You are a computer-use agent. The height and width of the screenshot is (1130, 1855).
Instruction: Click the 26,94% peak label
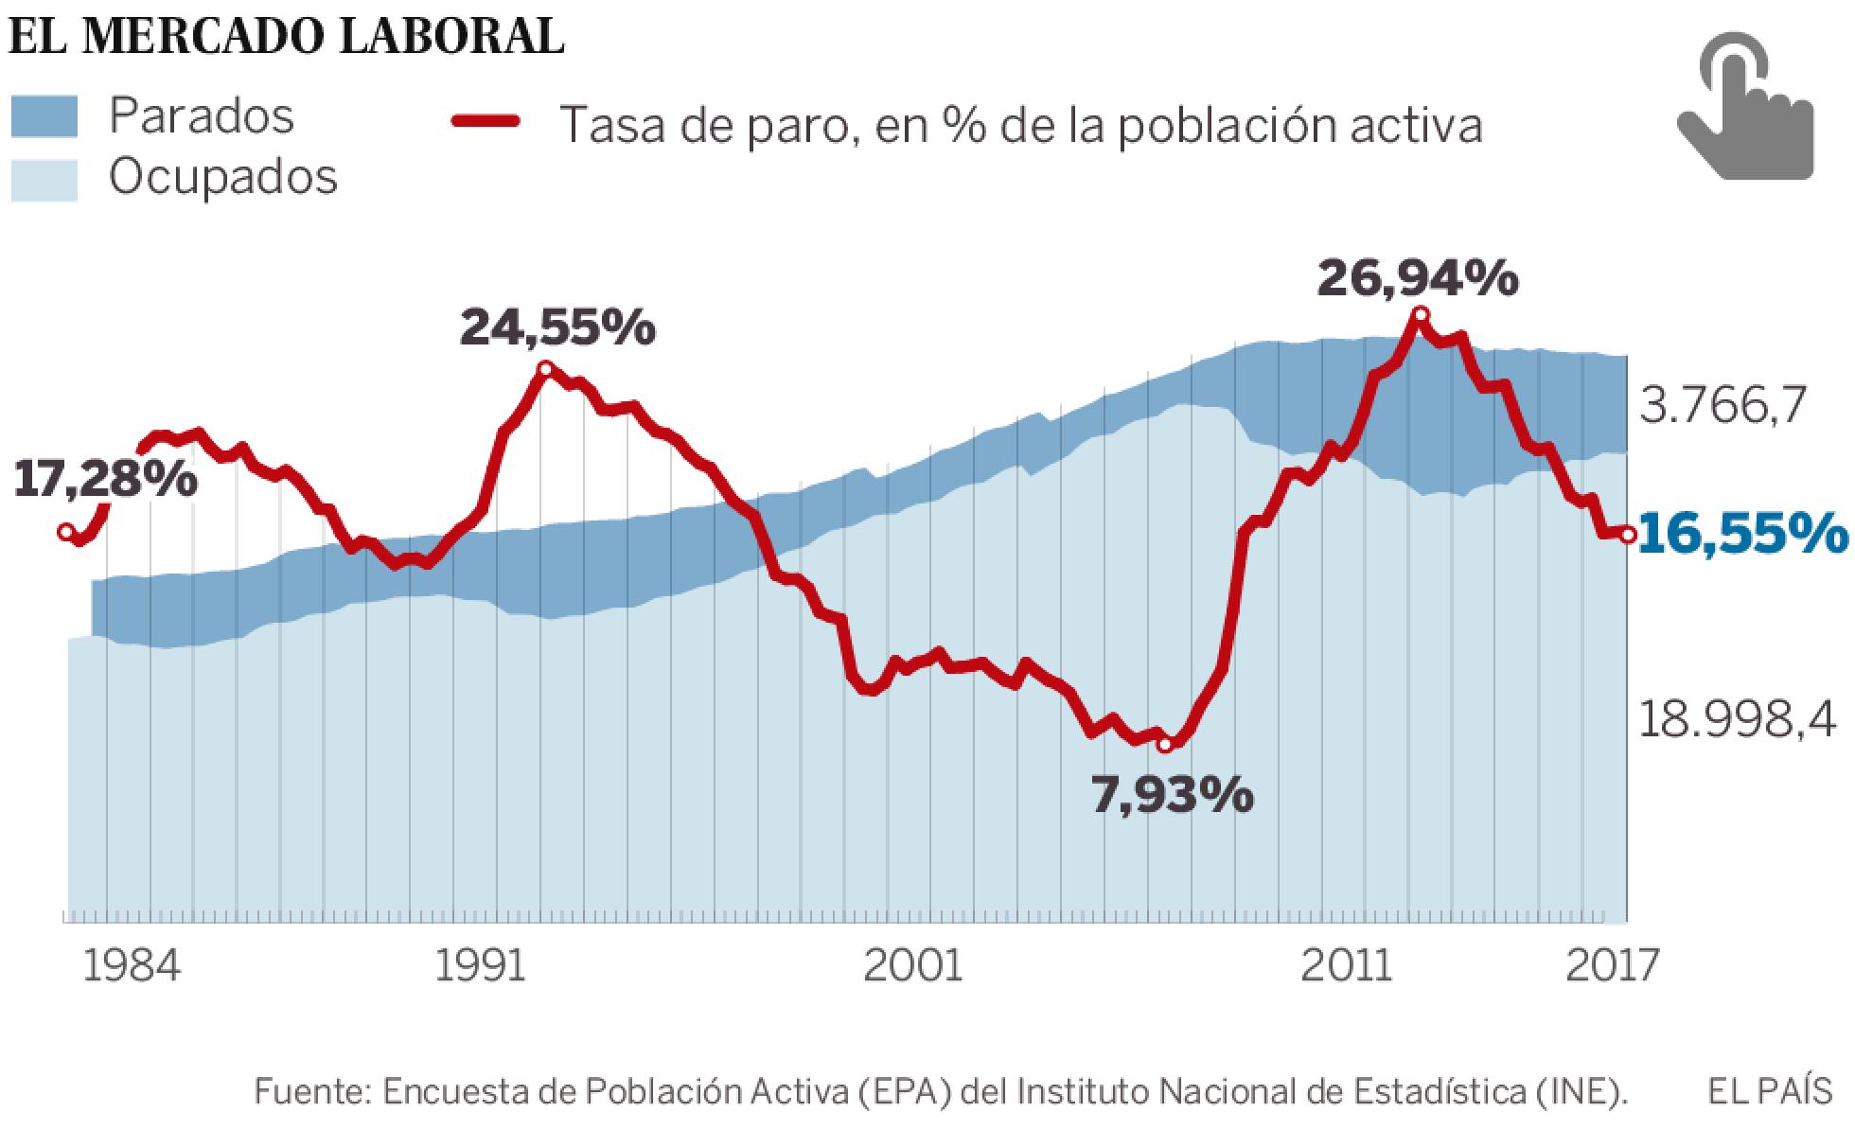click(x=1418, y=278)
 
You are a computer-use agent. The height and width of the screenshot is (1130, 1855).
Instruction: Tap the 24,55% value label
click(x=557, y=328)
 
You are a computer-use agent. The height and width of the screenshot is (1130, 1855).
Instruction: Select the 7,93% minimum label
click(x=1173, y=796)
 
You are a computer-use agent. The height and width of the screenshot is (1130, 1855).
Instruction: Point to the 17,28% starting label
click(x=105, y=480)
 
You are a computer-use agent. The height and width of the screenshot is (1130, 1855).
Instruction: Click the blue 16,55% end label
click(x=1741, y=535)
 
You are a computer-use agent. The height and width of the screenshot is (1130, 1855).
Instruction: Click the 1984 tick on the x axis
click(x=132, y=966)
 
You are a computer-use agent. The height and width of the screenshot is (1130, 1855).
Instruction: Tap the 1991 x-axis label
click(x=482, y=966)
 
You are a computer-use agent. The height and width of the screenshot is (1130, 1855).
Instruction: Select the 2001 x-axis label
click(x=913, y=966)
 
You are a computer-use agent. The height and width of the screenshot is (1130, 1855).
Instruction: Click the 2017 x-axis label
click(x=1613, y=966)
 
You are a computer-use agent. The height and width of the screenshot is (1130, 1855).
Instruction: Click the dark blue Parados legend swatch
click(x=44, y=116)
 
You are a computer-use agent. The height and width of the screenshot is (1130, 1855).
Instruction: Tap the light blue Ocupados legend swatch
click(x=44, y=180)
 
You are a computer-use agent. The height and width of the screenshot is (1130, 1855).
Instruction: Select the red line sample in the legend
click(x=486, y=120)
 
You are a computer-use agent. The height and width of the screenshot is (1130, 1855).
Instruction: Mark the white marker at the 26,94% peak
click(x=1420, y=315)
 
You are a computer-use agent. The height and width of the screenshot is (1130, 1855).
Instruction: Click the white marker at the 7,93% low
click(x=1165, y=745)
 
